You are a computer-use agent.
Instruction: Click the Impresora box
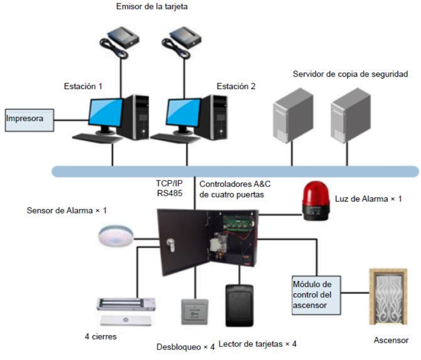29,120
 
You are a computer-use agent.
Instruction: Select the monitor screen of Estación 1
105,112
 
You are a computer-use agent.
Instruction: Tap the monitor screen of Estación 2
183,112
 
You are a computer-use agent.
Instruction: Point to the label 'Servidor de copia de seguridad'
350,74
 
